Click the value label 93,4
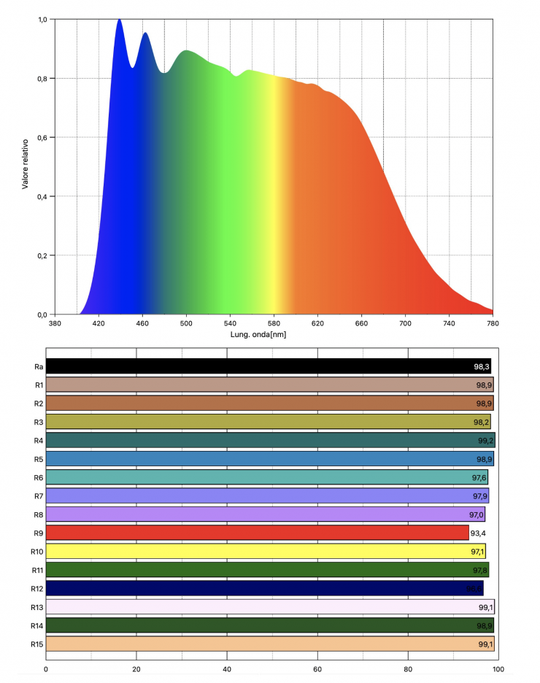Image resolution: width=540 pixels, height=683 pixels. (479, 533)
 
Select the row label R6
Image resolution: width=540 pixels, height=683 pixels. (38, 477)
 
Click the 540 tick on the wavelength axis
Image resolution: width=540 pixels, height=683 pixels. (230, 323)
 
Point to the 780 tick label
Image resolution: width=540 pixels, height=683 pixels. (493, 323)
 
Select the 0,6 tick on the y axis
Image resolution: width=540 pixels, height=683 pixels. (42, 137)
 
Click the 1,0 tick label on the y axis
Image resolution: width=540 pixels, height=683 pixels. (42, 20)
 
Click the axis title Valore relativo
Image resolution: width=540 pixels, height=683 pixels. (26, 163)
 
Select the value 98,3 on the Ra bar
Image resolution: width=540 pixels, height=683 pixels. (482, 366)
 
